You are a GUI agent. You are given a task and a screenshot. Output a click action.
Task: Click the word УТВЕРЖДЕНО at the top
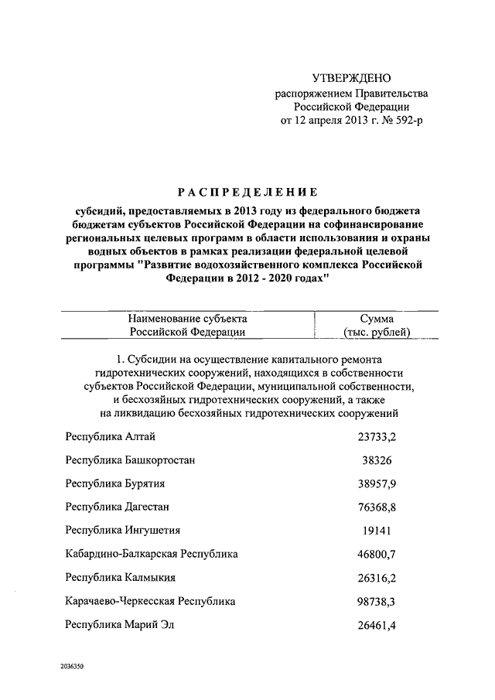pyautogui.click(x=351, y=78)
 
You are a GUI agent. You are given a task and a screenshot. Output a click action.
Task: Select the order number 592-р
pyautogui.click(x=409, y=122)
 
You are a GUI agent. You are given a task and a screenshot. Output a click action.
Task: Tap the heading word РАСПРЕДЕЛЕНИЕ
pyautogui.click(x=247, y=193)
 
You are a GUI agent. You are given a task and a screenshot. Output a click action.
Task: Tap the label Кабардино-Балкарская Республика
pyautogui.click(x=152, y=554)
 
